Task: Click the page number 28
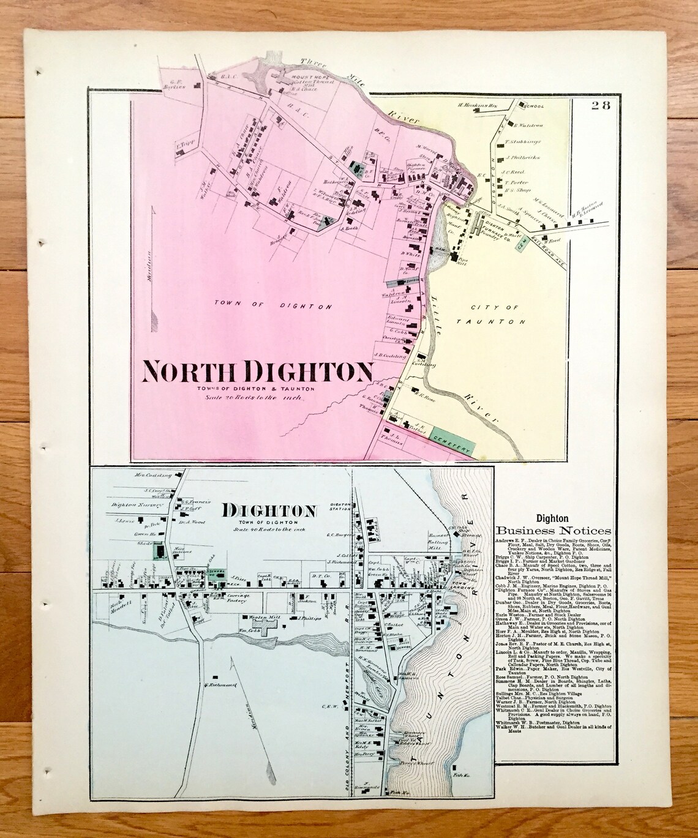pos(600,104)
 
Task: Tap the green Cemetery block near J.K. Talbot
pos(452,442)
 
